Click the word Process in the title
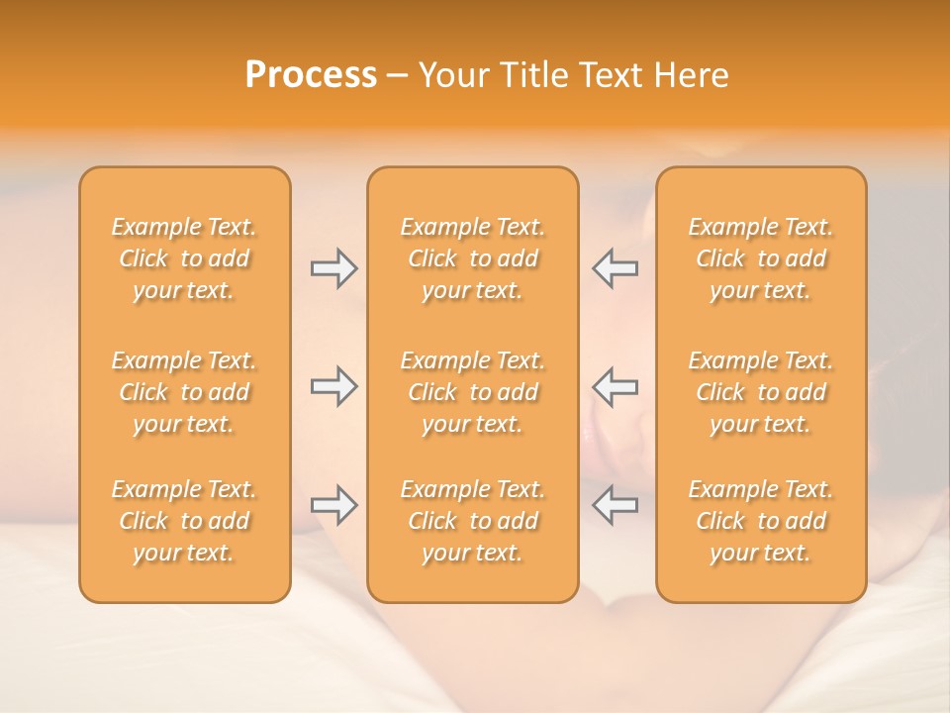click(x=311, y=75)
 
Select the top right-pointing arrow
click(x=333, y=268)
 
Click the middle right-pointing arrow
click(x=333, y=386)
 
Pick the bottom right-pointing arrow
click(x=333, y=505)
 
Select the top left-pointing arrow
click(x=615, y=268)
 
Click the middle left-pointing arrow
click(x=615, y=386)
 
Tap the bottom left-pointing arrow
click(x=615, y=505)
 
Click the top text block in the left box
click(x=184, y=258)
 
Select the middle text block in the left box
click(x=184, y=392)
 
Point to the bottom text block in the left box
click(x=184, y=521)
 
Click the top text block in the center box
click(x=472, y=258)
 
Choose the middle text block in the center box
click(x=472, y=392)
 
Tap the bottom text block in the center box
click(x=472, y=521)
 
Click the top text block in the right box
click(x=760, y=258)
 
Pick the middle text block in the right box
click(x=760, y=392)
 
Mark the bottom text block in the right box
click(x=760, y=521)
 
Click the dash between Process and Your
click(x=398, y=76)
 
